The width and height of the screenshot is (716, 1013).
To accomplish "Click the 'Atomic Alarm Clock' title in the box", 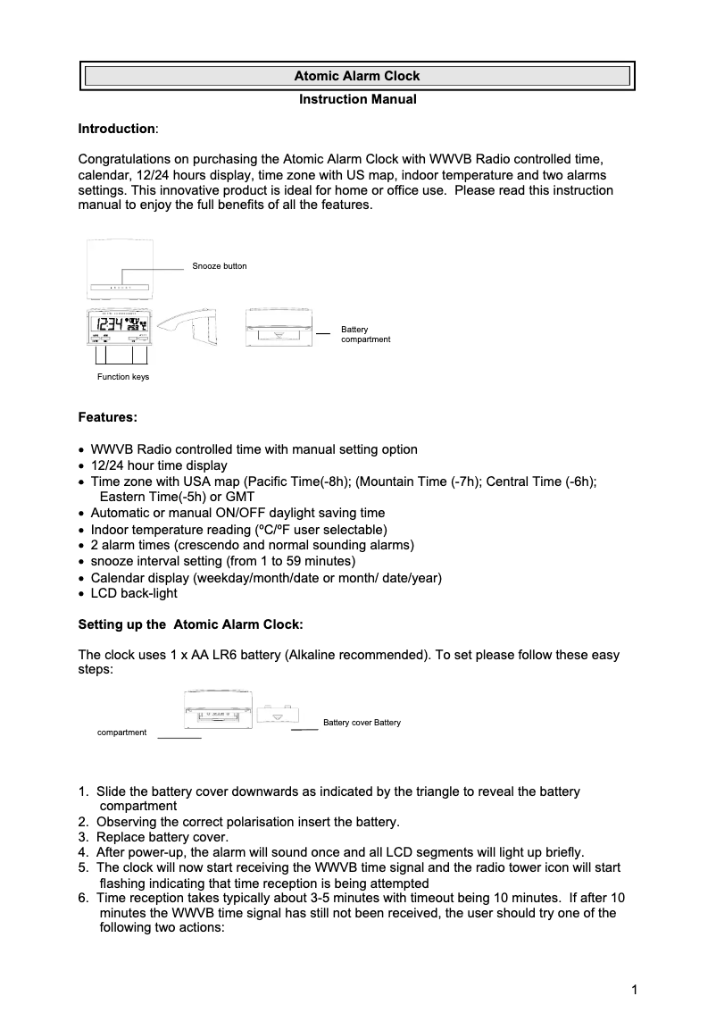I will pos(357,77).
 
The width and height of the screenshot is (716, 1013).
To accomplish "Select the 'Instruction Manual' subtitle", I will pos(357,99).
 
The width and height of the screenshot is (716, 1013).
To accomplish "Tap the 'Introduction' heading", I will pos(116,130).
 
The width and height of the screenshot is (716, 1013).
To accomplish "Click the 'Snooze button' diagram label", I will pos(220,266).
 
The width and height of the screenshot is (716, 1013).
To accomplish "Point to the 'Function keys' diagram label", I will pos(123,377).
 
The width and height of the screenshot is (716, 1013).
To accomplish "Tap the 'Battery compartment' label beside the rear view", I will pos(365,335).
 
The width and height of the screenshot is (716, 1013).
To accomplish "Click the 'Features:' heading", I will pos(108,417).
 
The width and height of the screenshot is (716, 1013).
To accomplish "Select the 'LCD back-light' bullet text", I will pos(134,593).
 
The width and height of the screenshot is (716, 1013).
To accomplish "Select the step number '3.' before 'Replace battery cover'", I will pos(84,837).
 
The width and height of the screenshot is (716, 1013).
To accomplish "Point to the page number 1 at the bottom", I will pos(634,989).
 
